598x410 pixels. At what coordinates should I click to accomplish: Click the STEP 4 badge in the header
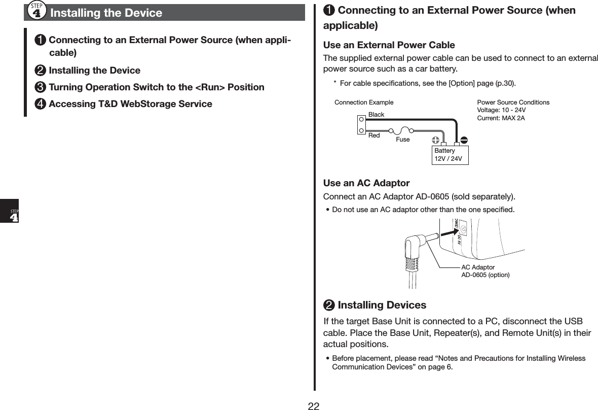click(38, 11)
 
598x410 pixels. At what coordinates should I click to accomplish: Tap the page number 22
click(314, 405)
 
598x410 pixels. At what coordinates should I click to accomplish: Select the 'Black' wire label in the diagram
click(376, 115)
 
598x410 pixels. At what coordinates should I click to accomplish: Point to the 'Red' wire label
click(374, 135)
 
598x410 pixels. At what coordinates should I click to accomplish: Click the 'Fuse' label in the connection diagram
click(403, 140)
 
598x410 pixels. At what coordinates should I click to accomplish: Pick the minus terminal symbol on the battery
click(464, 140)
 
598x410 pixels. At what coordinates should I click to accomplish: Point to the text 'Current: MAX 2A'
click(501, 118)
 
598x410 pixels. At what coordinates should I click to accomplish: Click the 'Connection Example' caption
click(364, 102)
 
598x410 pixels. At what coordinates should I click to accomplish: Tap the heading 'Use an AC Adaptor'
click(366, 183)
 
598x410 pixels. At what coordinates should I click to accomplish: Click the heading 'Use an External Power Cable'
click(389, 45)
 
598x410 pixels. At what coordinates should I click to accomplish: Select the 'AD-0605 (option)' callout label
click(485, 275)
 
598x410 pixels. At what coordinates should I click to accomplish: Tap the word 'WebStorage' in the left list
click(154, 104)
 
